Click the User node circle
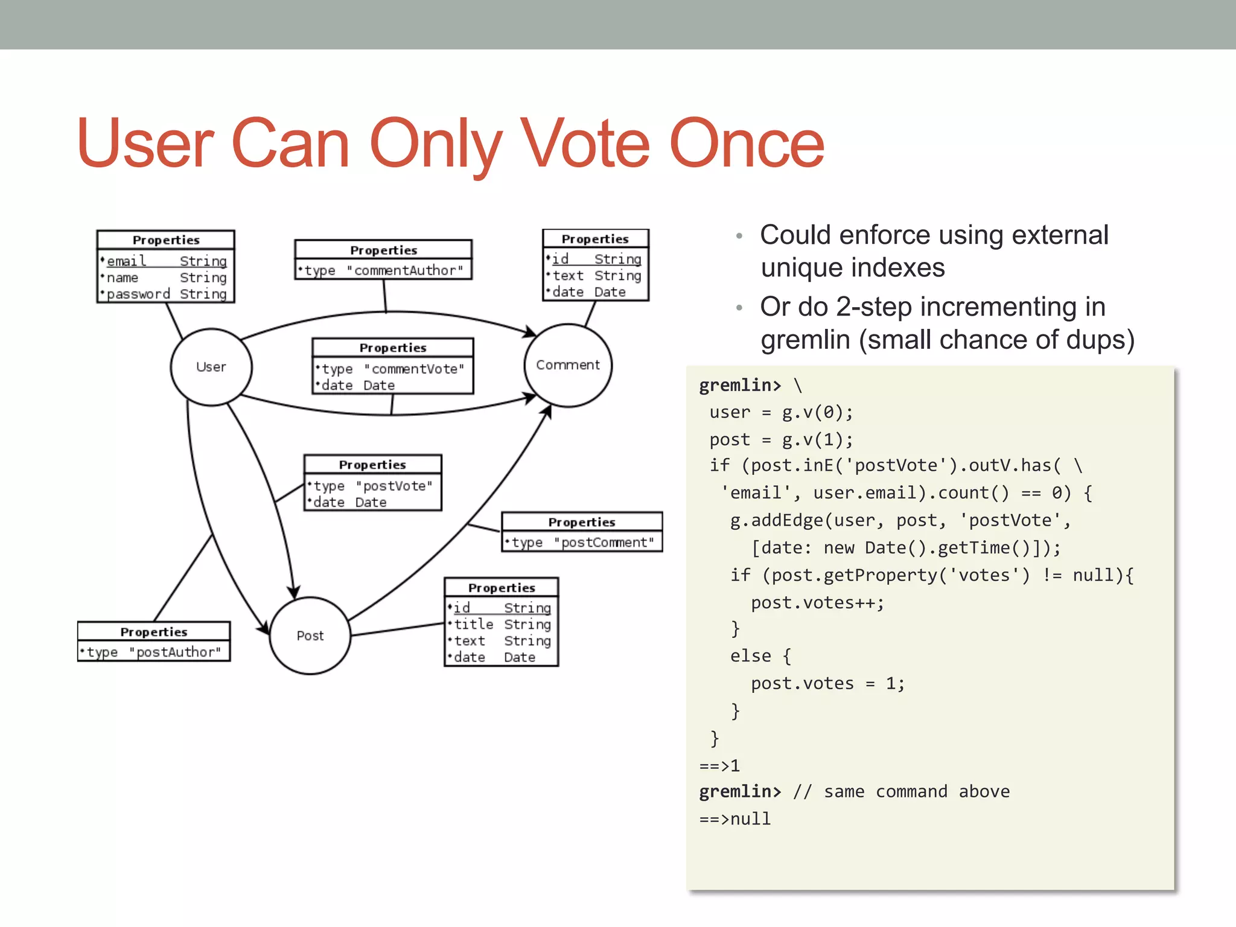211,367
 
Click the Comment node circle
568,365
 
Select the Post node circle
310,636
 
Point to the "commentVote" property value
414,369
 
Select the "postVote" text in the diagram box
394,486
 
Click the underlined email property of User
126,261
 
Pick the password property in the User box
138,294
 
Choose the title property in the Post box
473,624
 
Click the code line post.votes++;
817,602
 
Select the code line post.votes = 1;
827,683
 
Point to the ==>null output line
734,819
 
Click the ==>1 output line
719,766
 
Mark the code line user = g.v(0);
781,412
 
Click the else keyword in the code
750,656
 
